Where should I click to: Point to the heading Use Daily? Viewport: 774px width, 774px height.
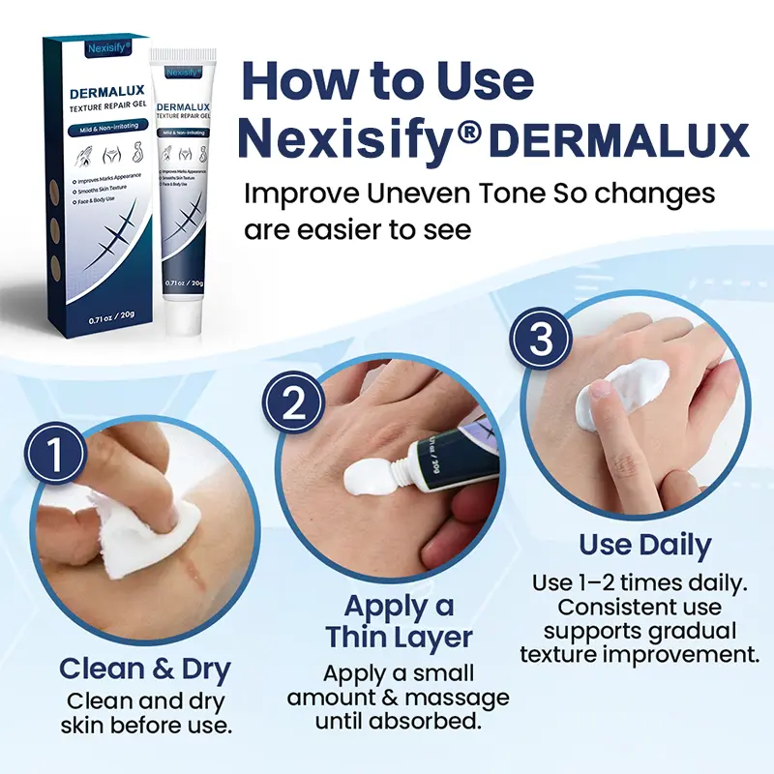[x=644, y=545]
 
